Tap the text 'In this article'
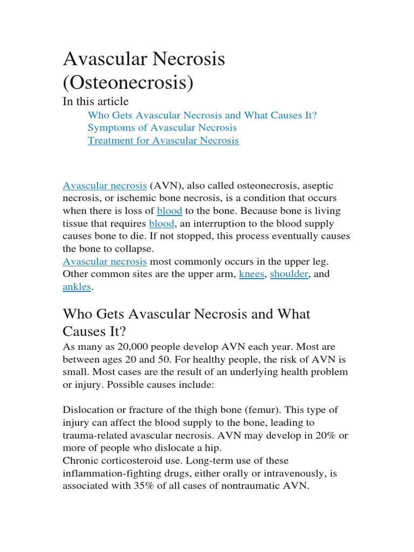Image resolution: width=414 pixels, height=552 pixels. (x=96, y=101)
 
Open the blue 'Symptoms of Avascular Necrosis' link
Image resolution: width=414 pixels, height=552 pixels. (x=162, y=128)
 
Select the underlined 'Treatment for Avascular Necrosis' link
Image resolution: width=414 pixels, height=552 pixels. (x=163, y=141)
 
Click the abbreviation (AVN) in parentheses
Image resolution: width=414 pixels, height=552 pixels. (x=165, y=185)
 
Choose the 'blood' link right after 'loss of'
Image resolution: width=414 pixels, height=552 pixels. (x=169, y=211)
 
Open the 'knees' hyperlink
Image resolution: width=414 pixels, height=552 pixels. (x=252, y=274)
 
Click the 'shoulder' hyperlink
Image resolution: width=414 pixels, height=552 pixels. (x=289, y=274)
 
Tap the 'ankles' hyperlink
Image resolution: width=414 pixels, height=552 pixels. (x=77, y=287)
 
